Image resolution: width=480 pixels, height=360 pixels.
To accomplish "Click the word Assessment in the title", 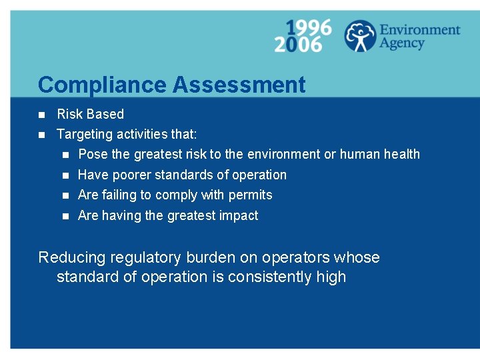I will [x=239, y=85].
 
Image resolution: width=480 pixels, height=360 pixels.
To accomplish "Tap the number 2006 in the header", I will [x=298, y=45].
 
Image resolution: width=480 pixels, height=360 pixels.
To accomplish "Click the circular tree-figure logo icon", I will [x=360, y=36].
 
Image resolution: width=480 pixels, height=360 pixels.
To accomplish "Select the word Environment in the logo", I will [x=419, y=30].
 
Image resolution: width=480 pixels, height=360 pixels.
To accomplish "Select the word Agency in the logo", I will [x=402, y=43].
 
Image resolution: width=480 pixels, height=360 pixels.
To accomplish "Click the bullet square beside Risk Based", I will [x=41, y=114].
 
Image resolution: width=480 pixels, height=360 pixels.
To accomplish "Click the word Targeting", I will [x=85, y=135].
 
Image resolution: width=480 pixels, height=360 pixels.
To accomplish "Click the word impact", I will [x=240, y=215].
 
